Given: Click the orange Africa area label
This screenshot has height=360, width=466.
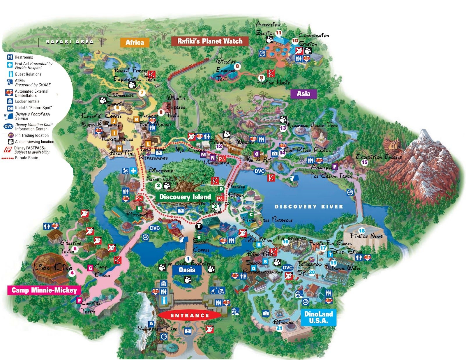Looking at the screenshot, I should pos(135,43).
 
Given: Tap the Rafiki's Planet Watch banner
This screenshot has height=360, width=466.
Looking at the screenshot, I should pos(210,41).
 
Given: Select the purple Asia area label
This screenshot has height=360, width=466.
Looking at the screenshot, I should pos(303,93).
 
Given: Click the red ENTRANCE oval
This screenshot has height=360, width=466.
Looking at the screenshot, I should pos(190,315).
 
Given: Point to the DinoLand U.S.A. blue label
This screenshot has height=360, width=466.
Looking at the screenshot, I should pos(318,317).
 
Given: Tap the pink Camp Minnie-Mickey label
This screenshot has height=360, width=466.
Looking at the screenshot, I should pos(44,290).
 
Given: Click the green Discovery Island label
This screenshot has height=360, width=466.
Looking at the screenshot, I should pos(185,197).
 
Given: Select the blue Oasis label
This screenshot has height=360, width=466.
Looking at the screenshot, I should pos(187,270).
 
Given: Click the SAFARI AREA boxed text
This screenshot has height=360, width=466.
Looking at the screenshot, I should pos(70,42).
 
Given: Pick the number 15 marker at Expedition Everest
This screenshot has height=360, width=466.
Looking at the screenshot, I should pos(364,162).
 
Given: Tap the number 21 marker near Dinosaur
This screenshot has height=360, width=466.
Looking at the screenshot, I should pos(279,328).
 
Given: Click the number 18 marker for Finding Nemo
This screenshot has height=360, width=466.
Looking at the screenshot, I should pos(362,231).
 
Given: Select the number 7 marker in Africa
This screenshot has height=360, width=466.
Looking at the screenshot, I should pos(142,93).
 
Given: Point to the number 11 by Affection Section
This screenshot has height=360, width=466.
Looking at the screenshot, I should pos(279,33).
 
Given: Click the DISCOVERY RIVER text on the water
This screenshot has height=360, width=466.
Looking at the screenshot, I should pos(309,207).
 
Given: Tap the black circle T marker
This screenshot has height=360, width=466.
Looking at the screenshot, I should pos(198,226).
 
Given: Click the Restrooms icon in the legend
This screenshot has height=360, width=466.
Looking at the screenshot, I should pos(10,57).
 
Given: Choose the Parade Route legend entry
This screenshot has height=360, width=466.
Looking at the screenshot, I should pos(20,158).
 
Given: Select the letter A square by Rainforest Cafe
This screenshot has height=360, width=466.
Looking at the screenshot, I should pos(151,324).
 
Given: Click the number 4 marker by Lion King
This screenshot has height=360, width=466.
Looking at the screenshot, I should pos(72,273).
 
